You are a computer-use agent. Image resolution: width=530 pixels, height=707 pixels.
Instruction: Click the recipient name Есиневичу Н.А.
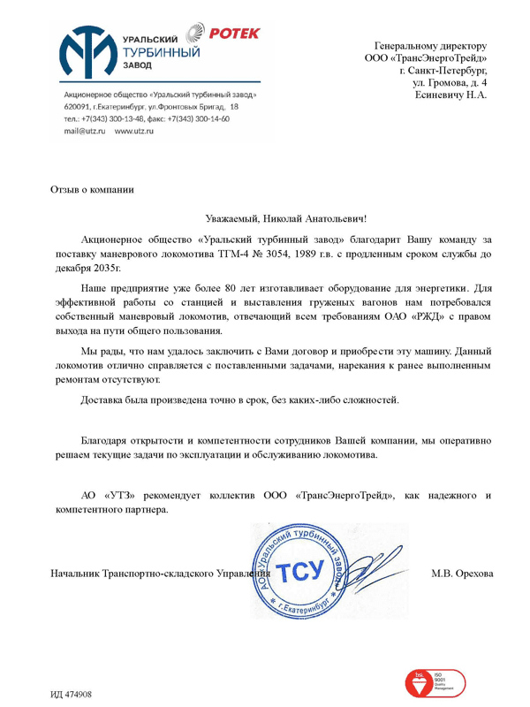(x=450, y=94)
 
